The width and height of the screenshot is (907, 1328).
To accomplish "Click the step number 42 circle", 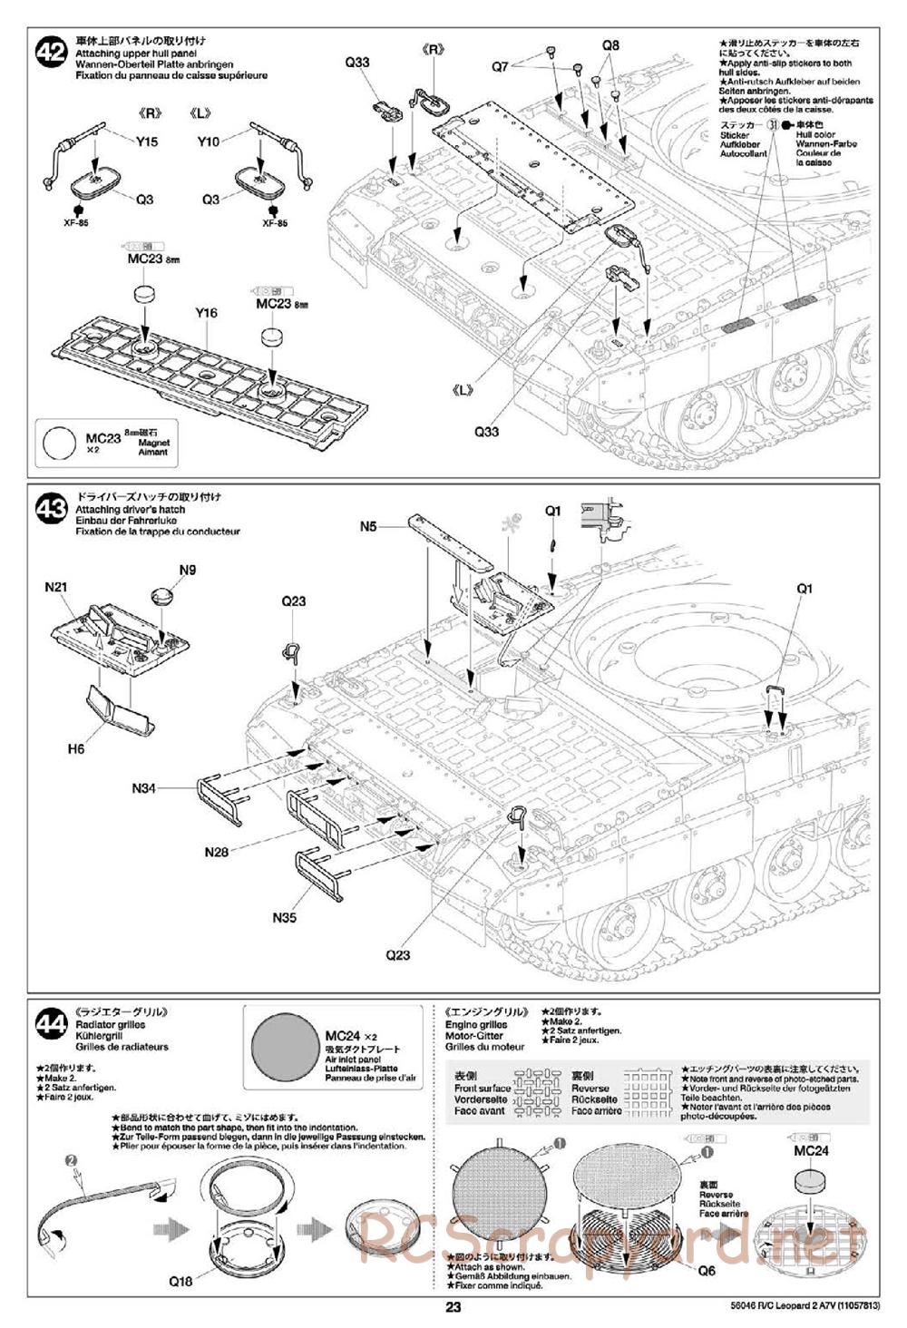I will [x=50, y=53].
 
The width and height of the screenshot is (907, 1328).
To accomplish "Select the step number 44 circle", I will [x=50, y=1025].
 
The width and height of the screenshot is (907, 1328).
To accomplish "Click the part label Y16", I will [x=206, y=313].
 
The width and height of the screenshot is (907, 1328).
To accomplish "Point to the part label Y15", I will [x=146, y=141].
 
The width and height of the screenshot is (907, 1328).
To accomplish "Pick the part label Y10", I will [x=209, y=141].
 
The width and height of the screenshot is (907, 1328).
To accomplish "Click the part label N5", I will [x=367, y=526].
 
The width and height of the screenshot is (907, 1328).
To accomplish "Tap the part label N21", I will [x=56, y=587].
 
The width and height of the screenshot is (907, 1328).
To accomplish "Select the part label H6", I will [x=75, y=748].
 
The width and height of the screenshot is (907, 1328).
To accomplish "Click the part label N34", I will [x=144, y=788].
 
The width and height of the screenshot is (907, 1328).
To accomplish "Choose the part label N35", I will [x=284, y=917].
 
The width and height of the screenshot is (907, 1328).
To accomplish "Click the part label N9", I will [x=187, y=570].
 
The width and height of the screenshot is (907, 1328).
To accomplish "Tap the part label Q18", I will [x=180, y=1282].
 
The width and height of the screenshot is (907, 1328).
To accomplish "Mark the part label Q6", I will [x=707, y=1271].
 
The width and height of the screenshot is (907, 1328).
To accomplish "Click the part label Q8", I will [x=610, y=45].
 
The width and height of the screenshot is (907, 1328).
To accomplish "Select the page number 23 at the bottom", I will [x=453, y=1307].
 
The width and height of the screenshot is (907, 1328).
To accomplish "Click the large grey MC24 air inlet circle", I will [x=284, y=1046].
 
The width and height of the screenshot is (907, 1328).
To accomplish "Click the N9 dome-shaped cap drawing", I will [x=162, y=596].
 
